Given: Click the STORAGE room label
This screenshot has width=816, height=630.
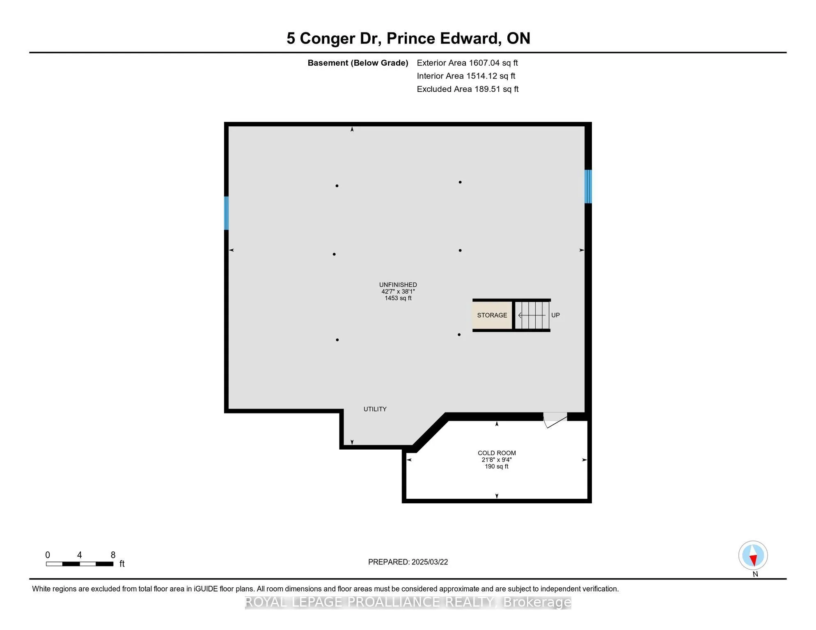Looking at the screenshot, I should pyautogui.click(x=492, y=315).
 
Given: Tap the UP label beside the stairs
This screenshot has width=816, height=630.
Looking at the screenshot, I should pyautogui.click(x=555, y=315).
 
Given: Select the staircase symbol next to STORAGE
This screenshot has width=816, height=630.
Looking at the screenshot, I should pyautogui.click(x=532, y=315).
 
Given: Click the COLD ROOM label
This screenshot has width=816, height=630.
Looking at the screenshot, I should pyautogui.click(x=497, y=453).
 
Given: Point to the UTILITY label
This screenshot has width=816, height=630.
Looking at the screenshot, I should pyautogui.click(x=375, y=409).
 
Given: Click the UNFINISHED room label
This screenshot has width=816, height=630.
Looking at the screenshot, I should pyautogui.click(x=398, y=285).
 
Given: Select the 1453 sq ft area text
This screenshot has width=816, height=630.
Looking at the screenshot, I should pyautogui.click(x=398, y=298).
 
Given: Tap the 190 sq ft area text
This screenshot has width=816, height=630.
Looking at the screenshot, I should pyautogui.click(x=497, y=467).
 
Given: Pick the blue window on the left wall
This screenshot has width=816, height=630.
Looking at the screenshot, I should pyautogui.click(x=226, y=213).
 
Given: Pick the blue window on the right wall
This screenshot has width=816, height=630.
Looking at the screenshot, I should pyautogui.click(x=588, y=187).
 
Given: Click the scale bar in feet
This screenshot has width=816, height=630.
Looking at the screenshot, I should pyautogui.click(x=80, y=564).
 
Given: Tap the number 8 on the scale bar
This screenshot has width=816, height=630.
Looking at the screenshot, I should pyautogui.click(x=113, y=555).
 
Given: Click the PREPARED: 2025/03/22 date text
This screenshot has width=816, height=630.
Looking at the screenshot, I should pyautogui.click(x=408, y=562).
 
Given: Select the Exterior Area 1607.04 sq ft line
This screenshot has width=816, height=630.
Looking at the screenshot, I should pyautogui.click(x=467, y=63).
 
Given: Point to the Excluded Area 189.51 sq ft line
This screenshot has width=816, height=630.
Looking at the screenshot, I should pyautogui.click(x=468, y=89).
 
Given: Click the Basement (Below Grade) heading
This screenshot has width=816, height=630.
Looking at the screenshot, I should pyautogui.click(x=358, y=63).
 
